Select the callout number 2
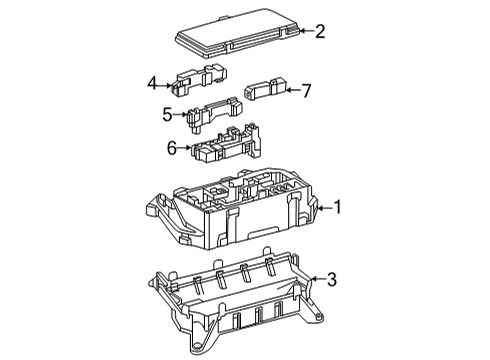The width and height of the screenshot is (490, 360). click(x=320, y=31)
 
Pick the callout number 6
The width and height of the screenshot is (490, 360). click(x=172, y=148)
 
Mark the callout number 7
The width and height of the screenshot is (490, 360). click(x=306, y=91)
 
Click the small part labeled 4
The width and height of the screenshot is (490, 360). click(x=198, y=80)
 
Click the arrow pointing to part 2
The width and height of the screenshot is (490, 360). click(x=304, y=32)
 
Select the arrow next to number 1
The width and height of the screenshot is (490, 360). click(x=323, y=208)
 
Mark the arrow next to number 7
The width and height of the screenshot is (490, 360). click(x=291, y=91)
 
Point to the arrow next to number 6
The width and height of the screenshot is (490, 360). click(x=186, y=148)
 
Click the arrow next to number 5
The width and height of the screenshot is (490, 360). click(x=180, y=114)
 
